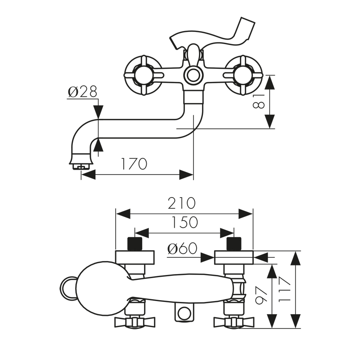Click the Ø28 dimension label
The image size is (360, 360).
coord(82,92)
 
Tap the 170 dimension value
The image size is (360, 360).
coord(133,164)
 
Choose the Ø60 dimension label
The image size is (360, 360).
coord(182,248)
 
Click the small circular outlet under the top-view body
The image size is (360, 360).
coord(183,314)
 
